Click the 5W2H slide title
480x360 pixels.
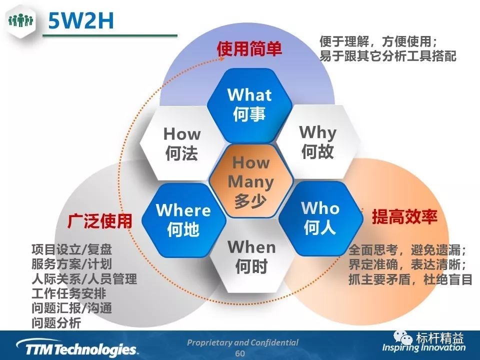pyautogui.click(x=81, y=21)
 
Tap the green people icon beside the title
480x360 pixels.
pyautogui.click(x=21, y=20)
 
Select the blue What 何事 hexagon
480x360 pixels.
pyautogui.click(x=249, y=105)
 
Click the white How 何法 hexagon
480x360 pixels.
pyautogui.click(x=182, y=143)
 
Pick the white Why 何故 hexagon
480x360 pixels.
pyautogui.click(x=318, y=142)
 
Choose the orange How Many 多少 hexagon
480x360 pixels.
pyautogui.click(x=251, y=181)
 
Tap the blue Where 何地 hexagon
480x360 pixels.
pyautogui.click(x=183, y=220)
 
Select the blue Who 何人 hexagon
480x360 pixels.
pyautogui.click(x=320, y=218)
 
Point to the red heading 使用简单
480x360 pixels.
pyautogui.click(x=249, y=48)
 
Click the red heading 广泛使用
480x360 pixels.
pyautogui.click(x=100, y=221)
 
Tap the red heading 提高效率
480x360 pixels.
pyautogui.click(x=404, y=216)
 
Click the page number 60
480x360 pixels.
pyautogui.click(x=240, y=353)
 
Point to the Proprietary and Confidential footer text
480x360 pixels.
pyautogui.click(x=243, y=342)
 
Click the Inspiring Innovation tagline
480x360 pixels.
pyautogui.click(x=423, y=347)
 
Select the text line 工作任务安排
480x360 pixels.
pyautogui.click(x=69, y=293)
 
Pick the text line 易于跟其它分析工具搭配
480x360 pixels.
pyautogui.click(x=388, y=55)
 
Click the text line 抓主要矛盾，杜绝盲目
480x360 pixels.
pyautogui.click(x=410, y=279)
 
